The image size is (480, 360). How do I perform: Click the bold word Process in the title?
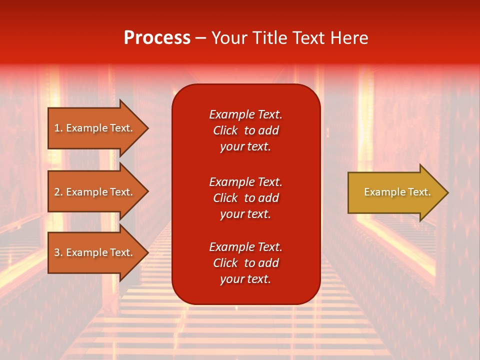[x=157, y=38]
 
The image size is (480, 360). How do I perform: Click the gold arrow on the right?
[x=390, y=192]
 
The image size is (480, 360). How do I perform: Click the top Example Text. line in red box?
[x=245, y=114]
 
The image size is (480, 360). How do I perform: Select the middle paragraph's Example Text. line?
[x=245, y=182]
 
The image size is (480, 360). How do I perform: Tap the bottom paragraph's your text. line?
[x=245, y=279]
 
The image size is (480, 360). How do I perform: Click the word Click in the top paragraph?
[x=225, y=131]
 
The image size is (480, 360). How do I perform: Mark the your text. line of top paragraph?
[x=245, y=147]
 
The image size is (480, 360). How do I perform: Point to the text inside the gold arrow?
[x=397, y=192]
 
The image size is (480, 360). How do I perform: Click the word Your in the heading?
[x=231, y=38]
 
